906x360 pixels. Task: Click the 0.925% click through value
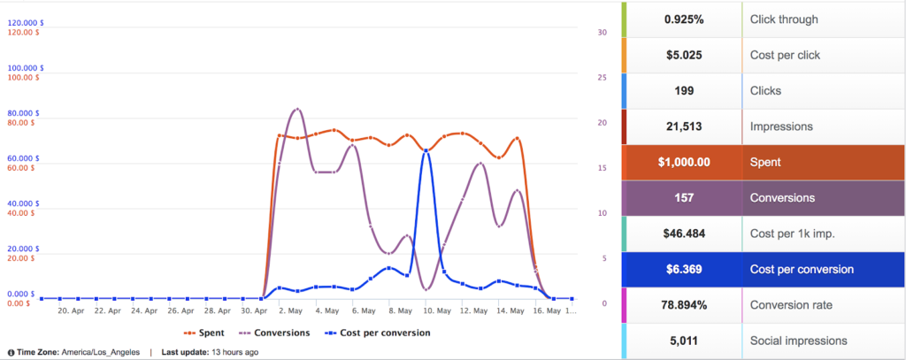[684, 19]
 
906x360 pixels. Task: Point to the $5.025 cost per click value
[684, 55]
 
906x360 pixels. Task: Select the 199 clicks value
[684, 91]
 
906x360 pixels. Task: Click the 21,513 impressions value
[684, 126]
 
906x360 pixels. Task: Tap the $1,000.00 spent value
[684, 163]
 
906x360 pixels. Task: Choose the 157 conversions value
[684, 198]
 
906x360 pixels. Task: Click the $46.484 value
[684, 234]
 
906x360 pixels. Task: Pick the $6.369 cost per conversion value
[684, 270]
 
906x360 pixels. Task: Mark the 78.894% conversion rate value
[684, 305]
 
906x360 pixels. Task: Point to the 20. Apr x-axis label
[71, 311]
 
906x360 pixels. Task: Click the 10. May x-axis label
[426, 311]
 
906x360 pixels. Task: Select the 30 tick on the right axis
[603, 33]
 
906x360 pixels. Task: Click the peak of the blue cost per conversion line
[426, 151]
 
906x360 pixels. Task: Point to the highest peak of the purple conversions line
[296, 109]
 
